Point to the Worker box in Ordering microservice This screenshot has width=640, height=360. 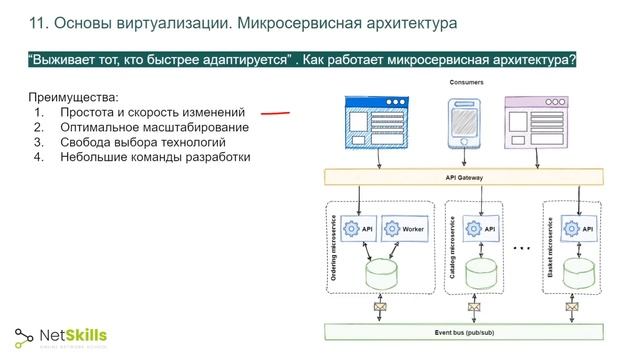coord(404,229)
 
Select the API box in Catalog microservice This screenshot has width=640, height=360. coord(482,229)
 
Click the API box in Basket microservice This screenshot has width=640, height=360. coord(580,229)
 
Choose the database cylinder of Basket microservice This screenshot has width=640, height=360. coord(580,271)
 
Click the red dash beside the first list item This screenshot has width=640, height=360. coord(275,114)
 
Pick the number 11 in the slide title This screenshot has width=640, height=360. coord(38,21)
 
